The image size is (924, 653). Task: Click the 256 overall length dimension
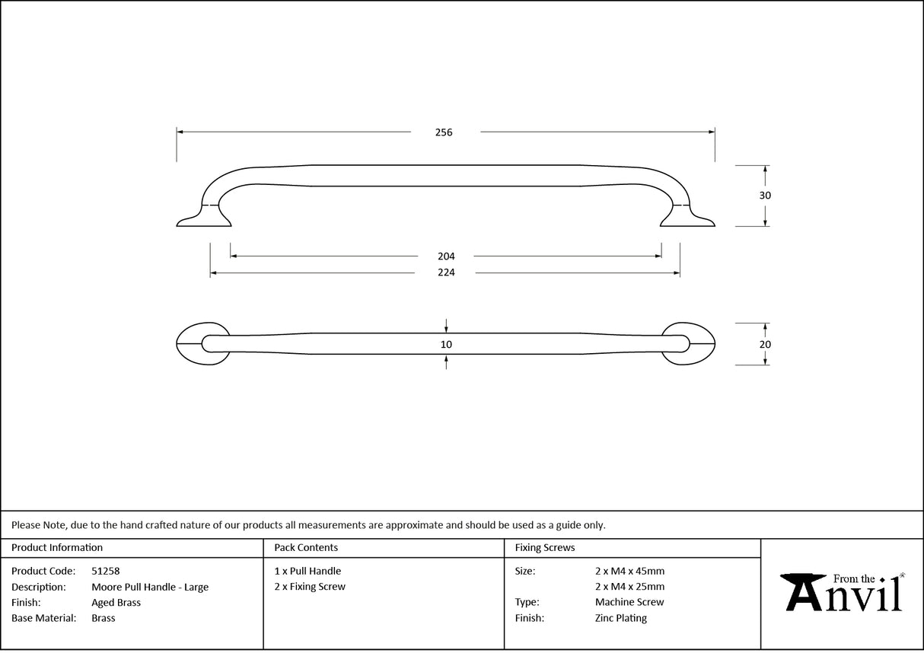tap(444, 132)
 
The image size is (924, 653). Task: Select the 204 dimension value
tap(446, 256)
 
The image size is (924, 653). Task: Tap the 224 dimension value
tap(446, 272)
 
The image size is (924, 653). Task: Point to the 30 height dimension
tap(765, 196)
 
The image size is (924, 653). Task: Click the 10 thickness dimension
tap(446, 345)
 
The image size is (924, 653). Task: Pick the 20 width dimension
tap(765, 344)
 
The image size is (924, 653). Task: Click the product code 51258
tap(106, 571)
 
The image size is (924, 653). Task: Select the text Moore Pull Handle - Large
tap(150, 587)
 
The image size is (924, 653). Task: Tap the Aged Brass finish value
tap(116, 602)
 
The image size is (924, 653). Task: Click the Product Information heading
tap(57, 547)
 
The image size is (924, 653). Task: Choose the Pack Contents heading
tap(306, 547)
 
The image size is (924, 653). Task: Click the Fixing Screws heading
tap(545, 547)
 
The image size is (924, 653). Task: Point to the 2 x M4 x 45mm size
tap(629, 571)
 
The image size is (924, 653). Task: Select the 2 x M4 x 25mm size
tap(629, 587)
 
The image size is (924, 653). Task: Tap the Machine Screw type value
tap(629, 602)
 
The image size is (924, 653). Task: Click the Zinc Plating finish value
tap(621, 618)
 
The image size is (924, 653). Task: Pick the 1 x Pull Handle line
tap(307, 571)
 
